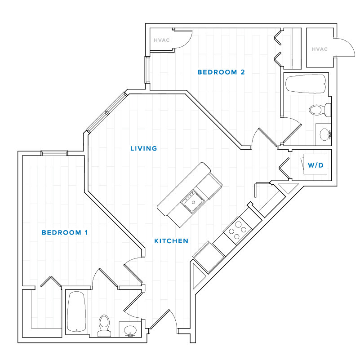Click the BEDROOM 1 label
point(64,232)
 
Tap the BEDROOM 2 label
point(221,72)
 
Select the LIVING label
point(143,148)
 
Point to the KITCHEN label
point(171,241)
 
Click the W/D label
point(316,165)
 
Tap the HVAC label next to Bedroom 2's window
point(161,40)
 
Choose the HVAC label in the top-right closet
point(319,49)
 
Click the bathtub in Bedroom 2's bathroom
point(306,84)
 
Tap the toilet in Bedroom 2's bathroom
point(320,109)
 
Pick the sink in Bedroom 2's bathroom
point(324,133)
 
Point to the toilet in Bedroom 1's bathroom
point(104,325)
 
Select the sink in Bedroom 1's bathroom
point(130,329)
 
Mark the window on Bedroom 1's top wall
point(54,153)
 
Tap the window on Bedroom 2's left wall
point(147,70)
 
